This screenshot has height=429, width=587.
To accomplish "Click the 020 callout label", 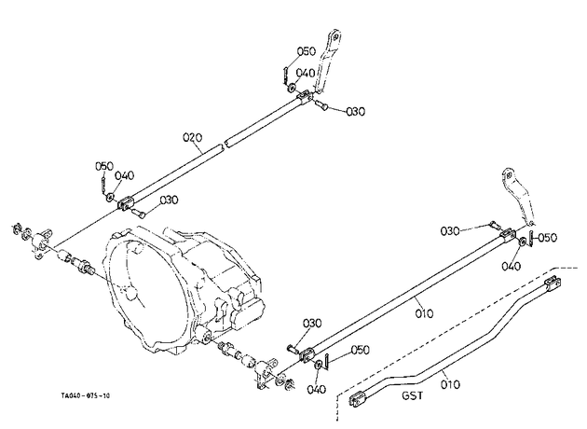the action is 193,137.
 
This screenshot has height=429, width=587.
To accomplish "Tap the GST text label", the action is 413,395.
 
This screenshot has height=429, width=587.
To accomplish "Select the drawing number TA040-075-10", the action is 86,395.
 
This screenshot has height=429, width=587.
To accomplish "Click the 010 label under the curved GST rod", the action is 450,384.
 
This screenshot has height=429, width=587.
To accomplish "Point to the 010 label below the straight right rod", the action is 424,312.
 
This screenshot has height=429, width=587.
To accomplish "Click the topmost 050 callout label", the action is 307,51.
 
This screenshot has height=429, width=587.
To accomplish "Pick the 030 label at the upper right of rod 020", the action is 355,111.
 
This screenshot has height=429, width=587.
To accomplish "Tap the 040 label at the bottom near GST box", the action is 317,389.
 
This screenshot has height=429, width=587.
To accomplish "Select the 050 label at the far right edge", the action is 547,237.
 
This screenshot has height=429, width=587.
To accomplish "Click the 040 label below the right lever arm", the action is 511,266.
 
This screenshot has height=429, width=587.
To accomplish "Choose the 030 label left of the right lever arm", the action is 450,230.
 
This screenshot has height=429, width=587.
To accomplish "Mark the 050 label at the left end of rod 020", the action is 104,166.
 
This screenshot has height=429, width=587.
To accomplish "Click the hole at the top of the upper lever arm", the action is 335,36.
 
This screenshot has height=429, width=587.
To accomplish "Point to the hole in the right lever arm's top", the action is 509,175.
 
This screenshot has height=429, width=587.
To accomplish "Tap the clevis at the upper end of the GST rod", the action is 553,283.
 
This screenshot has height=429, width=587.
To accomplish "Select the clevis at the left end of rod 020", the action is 126,203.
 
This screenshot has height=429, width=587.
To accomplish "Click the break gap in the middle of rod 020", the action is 225,144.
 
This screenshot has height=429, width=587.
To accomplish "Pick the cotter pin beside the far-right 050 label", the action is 532,239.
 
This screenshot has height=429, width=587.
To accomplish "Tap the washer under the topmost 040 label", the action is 291,89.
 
